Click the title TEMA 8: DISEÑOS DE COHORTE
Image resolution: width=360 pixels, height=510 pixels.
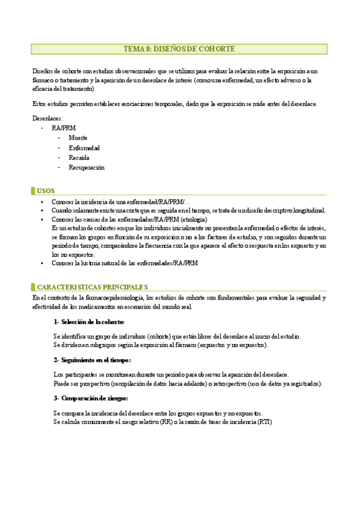coord(179,49)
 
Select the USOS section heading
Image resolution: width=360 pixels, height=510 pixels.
coord(46,191)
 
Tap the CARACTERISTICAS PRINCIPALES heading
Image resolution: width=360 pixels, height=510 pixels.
coord(93,287)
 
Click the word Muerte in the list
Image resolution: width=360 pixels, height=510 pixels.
coord(78,138)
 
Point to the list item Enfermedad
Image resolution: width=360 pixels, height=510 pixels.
coord(84,148)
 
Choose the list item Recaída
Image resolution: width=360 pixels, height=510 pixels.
coord(79,158)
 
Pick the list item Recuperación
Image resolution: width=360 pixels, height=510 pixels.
coord(87,168)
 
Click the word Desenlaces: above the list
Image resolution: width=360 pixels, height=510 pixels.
coord(47,118)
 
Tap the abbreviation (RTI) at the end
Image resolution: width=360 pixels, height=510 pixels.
coord(263,422)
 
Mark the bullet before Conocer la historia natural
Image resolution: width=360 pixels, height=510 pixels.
coord(41,263)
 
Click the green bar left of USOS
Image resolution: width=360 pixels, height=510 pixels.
coord(32,191)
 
